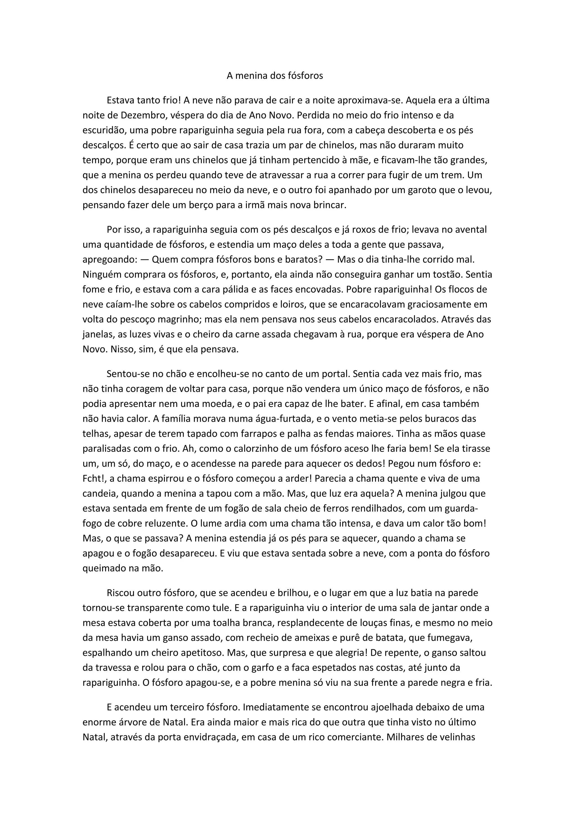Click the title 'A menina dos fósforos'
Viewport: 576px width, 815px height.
pyautogui.click(x=275, y=76)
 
